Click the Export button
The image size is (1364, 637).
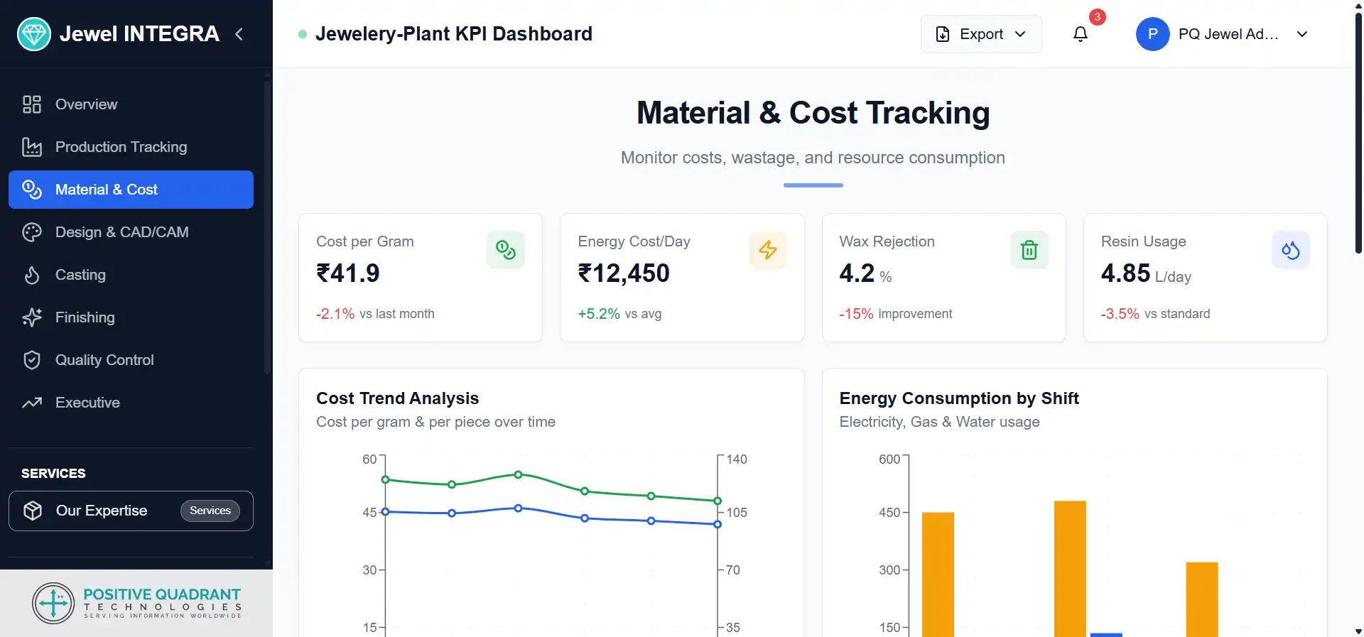pyautogui.click(x=980, y=34)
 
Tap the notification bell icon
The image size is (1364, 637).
pyautogui.click(x=1080, y=34)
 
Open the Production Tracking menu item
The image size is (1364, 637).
pyautogui.click(x=121, y=147)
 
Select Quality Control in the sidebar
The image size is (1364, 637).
pyautogui.click(x=104, y=360)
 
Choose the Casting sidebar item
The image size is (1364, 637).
pyautogui.click(x=80, y=275)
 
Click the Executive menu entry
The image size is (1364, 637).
pyautogui.click(x=87, y=403)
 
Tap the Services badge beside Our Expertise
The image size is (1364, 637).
pyautogui.click(x=210, y=511)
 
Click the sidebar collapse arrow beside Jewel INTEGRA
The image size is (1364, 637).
pyautogui.click(x=239, y=34)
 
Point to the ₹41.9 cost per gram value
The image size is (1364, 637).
pyautogui.click(x=348, y=273)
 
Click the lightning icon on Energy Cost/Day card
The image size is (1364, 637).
pyautogui.click(x=767, y=250)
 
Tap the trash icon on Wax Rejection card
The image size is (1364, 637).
pyautogui.click(x=1029, y=250)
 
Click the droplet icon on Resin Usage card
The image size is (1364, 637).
pyautogui.click(x=1290, y=250)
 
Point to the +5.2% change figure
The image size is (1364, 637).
pyautogui.click(x=599, y=314)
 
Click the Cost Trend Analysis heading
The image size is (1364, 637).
pyautogui.click(x=398, y=398)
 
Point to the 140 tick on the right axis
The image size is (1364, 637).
pyautogui.click(x=736, y=459)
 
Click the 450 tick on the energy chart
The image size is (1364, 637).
pyautogui.click(x=889, y=513)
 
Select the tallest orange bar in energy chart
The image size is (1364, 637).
pyautogui.click(x=1070, y=568)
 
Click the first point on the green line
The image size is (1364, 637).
pyautogui.click(x=386, y=480)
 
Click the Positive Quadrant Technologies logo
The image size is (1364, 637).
pyautogui.click(x=136, y=603)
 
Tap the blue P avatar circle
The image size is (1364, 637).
pyautogui.click(x=1152, y=34)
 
